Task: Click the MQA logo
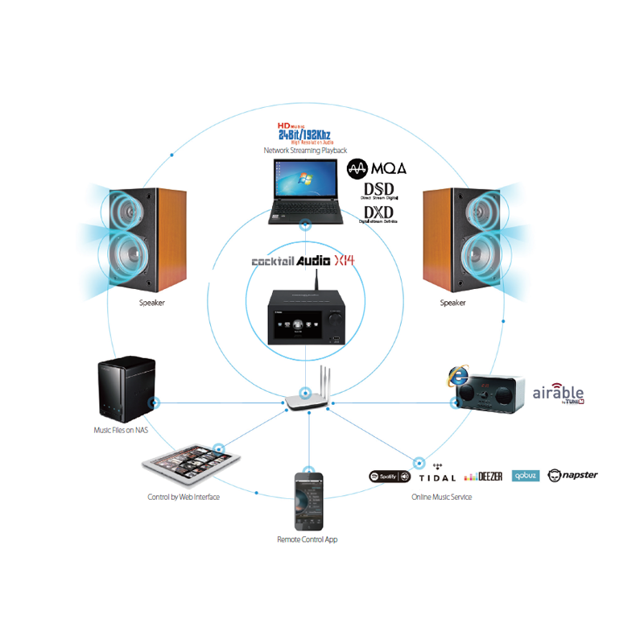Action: pos(376,168)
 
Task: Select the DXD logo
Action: pos(378,214)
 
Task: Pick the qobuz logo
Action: pos(524,476)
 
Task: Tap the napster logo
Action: pos(572,475)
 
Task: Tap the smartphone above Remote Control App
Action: pos(308,499)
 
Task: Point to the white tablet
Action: pos(192,465)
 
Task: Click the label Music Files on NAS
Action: pos(121,431)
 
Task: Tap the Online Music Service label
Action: pos(441,497)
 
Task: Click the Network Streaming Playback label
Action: pos(305,151)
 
